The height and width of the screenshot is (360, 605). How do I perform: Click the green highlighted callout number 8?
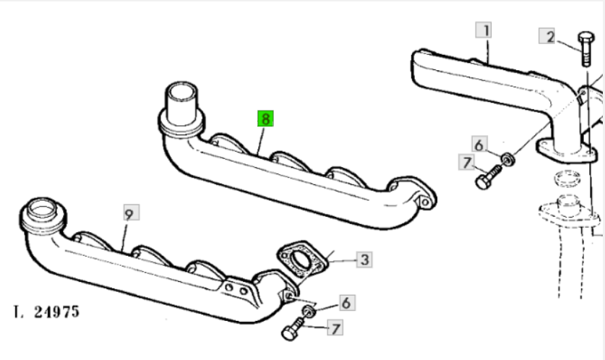pyautogui.click(x=265, y=119)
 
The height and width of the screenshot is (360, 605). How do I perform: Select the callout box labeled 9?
pyautogui.click(x=131, y=213)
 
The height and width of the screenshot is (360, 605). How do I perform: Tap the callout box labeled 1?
pyautogui.click(x=484, y=30)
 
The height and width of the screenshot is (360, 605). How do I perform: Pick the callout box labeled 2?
pyautogui.click(x=547, y=36)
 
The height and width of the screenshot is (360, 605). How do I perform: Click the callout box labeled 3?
pyautogui.click(x=364, y=260)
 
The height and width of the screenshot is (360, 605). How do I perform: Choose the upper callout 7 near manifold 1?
pyautogui.click(x=466, y=162)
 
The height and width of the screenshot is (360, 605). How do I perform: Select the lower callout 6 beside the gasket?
pyautogui.click(x=347, y=303)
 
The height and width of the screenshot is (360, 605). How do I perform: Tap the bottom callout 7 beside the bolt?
pyautogui.click(x=335, y=328)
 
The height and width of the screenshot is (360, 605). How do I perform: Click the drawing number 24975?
pyautogui.click(x=56, y=312)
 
